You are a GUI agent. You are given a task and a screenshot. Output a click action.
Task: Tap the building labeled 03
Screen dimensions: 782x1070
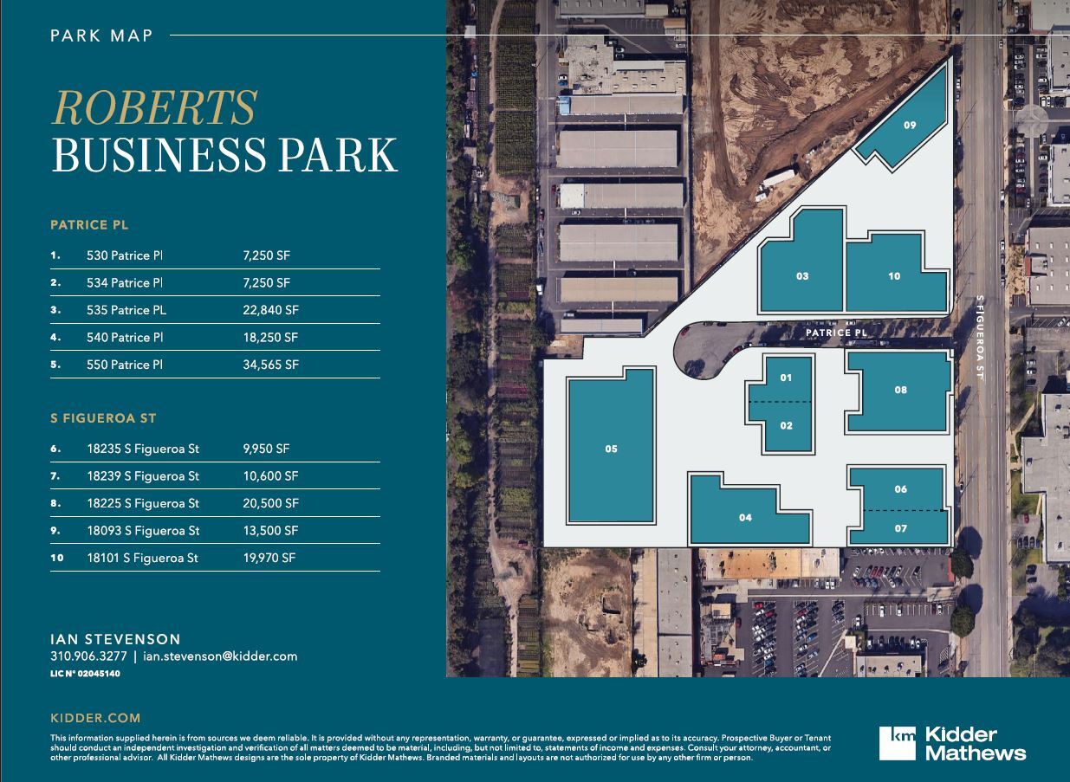[802, 268]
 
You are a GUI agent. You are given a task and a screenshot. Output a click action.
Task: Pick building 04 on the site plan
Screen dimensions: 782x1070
[745, 518]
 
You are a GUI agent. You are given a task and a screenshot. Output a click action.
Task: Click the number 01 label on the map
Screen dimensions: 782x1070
[786, 378]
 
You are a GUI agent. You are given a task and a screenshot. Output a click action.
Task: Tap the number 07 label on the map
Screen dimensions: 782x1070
[901, 528]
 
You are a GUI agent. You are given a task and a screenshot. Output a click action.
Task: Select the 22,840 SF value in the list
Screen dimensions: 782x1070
[271, 310]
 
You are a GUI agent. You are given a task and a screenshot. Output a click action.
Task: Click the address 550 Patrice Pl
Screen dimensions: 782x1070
[125, 365]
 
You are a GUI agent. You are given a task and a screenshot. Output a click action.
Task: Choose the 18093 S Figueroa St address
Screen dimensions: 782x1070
[143, 531]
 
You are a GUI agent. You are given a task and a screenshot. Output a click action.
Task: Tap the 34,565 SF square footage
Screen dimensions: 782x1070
[271, 365]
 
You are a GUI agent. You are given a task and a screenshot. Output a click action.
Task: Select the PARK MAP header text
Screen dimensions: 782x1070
[101, 36]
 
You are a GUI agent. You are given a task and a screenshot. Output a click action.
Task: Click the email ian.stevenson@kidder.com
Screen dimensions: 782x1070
[221, 656]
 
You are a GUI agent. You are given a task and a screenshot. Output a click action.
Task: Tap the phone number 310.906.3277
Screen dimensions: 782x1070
[89, 656]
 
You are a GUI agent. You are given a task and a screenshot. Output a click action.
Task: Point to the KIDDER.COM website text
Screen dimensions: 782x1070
[95, 718]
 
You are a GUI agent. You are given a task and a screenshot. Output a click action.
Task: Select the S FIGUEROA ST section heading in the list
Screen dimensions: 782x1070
[103, 418]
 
